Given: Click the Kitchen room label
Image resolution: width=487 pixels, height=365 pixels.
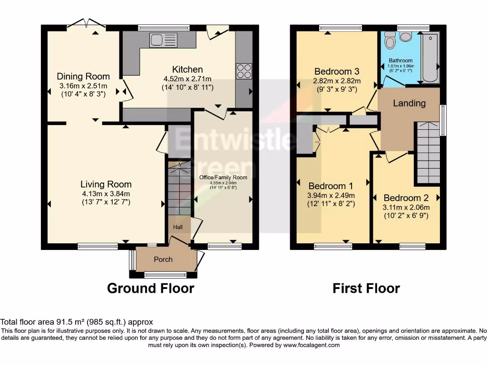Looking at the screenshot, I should [187, 69].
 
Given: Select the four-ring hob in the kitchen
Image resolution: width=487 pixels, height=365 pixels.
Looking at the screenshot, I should [244, 71].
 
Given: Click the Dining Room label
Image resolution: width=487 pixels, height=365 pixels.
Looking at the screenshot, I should [83, 76].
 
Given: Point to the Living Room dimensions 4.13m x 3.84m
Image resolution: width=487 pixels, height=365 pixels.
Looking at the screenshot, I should [106, 193].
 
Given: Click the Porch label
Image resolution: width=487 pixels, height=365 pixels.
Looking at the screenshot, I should [163, 259].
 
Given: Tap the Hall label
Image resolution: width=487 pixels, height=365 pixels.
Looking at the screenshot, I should [178, 227].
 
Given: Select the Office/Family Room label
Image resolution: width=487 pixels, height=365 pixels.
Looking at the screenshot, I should [224, 177].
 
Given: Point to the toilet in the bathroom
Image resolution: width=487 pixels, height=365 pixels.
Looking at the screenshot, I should [390, 41].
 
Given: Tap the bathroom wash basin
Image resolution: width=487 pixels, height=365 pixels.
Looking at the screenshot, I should [406, 37].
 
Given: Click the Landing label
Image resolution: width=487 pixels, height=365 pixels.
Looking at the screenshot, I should [409, 103].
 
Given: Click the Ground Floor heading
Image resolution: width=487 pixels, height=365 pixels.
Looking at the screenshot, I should [150, 288].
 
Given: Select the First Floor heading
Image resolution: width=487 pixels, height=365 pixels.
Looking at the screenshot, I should [366, 288].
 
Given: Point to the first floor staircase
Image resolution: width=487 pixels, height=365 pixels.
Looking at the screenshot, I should [427, 152].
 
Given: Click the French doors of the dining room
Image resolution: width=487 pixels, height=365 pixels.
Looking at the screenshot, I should [86, 23].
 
